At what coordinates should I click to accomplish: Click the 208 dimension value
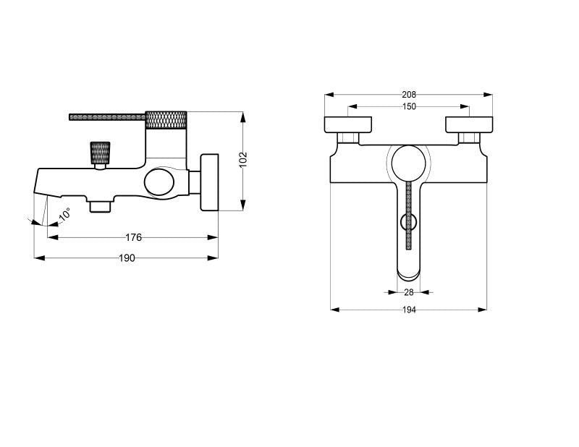408,95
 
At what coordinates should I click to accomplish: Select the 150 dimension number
409,106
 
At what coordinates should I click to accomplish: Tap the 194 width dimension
409,310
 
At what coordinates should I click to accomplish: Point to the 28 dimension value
408,292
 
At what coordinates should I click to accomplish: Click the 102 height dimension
243,159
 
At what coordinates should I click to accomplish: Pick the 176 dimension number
133,237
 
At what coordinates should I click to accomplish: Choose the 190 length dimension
127,258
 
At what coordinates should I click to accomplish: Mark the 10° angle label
64,213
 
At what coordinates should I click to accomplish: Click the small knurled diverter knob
100,153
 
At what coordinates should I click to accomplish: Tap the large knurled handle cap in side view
166,120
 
